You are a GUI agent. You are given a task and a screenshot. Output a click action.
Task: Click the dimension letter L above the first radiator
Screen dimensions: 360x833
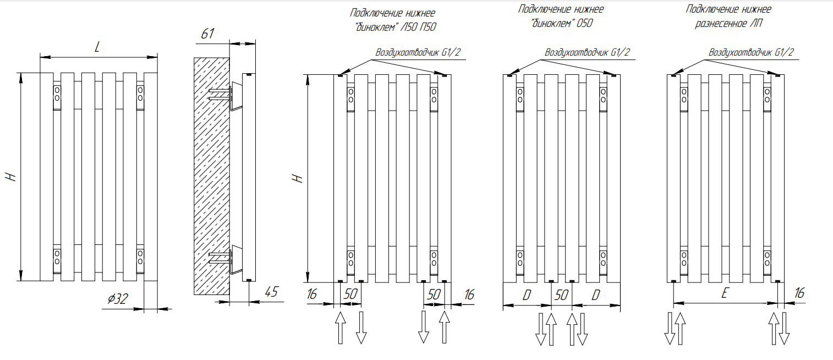97,48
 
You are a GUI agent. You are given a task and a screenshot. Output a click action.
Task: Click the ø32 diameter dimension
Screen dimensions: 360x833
118,299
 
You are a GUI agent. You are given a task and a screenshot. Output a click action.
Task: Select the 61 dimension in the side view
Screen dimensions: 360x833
207,34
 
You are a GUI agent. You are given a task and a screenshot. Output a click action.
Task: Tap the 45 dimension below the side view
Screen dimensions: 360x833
271,292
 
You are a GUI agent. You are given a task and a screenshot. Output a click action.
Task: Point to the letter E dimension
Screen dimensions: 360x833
725,294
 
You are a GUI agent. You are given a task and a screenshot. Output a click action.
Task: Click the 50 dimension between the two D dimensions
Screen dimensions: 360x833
561,294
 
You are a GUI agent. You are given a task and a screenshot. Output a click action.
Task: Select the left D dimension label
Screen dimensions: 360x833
527,295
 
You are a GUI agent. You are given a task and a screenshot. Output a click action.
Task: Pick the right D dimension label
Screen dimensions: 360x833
595,295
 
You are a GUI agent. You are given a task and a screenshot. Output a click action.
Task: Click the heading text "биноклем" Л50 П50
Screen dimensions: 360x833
396,26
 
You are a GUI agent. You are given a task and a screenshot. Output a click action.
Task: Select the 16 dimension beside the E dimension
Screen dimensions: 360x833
799,293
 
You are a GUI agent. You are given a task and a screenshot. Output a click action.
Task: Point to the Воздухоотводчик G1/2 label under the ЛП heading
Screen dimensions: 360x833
751,53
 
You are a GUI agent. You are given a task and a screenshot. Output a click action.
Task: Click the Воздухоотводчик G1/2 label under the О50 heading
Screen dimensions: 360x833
587,53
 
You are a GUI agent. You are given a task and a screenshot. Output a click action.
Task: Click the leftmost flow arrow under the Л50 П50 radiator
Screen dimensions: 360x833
341,327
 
